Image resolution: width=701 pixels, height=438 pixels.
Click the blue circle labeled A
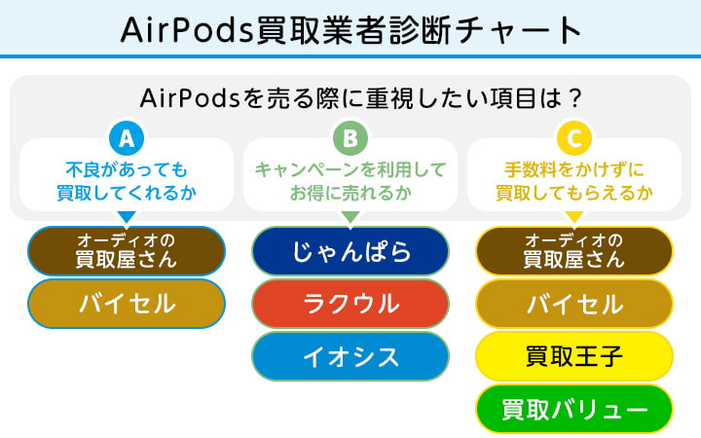click(127, 138)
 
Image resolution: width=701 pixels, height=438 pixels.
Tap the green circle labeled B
click(350, 138)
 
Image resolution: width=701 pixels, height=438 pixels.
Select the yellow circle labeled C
click(574, 138)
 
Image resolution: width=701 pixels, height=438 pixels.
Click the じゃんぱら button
click(350, 251)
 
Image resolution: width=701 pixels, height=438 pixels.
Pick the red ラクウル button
click(350, 304)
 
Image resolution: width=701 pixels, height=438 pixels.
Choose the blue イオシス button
click(350, 356)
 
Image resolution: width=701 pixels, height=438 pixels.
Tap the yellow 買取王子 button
click(574, 356)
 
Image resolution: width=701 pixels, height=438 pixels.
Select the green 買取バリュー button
click(574, 409)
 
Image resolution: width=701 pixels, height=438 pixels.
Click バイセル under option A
click(127, 304)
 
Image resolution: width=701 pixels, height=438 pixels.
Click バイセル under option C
click(574, 304)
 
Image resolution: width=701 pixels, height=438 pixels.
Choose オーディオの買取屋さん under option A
click(127, 251)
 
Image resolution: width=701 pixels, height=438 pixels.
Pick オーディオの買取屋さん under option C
click(574, 251)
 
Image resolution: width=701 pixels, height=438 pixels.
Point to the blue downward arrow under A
click(127, 217)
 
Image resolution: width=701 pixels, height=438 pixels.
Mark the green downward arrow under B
click(350, 217)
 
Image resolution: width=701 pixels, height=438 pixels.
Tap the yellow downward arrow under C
click(574, 217)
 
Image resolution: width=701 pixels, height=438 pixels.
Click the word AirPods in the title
click(187, 30)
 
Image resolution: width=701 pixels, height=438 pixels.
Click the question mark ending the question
click(576, 98)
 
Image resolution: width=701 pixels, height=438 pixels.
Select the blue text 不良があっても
click(127, 169)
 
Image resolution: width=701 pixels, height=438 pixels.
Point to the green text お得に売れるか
click(350, 193)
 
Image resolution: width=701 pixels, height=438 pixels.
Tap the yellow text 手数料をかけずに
click(574, 169)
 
